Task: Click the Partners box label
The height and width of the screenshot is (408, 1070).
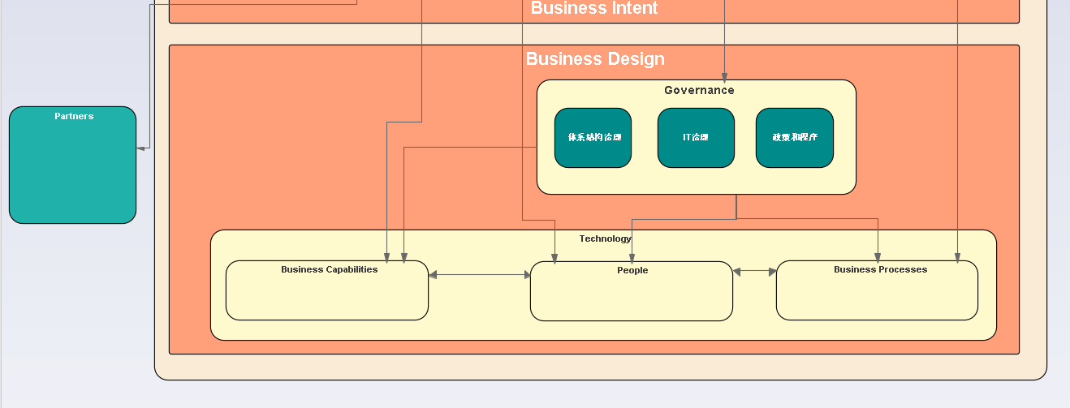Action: [x=74, y=116]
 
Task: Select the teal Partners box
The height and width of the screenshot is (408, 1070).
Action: [x=72, y=170]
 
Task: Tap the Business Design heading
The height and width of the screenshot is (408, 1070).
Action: [x=595, y=59]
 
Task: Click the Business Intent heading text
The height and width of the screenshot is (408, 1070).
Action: [x=594, y=8]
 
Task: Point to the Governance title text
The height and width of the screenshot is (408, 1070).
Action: [x=699, y=90]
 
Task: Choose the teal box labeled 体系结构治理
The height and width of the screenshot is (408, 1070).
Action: [x=593, y=138]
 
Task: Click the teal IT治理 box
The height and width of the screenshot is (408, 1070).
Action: [x=696, y=138]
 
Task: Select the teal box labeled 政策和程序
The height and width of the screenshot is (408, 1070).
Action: [x=794, y=138]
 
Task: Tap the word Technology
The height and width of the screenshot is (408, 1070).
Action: [x=605, y=238]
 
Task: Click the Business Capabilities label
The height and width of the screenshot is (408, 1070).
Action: [x=329, y=269]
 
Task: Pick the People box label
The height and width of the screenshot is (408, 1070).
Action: [x=632, y=270]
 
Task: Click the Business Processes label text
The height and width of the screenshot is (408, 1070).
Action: [x=880, y=269]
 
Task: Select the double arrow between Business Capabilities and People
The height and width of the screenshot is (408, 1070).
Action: [x=479, y=275]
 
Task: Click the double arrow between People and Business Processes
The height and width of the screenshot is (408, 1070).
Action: [x=754, y=272]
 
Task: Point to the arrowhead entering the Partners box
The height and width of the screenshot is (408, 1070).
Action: [x=140, y=148]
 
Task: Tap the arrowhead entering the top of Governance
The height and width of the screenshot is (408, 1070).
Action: [x=724, y=76]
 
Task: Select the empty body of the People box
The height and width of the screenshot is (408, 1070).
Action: [x=632, y=298]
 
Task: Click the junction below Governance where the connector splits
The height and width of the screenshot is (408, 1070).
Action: [x=736, y=218]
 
